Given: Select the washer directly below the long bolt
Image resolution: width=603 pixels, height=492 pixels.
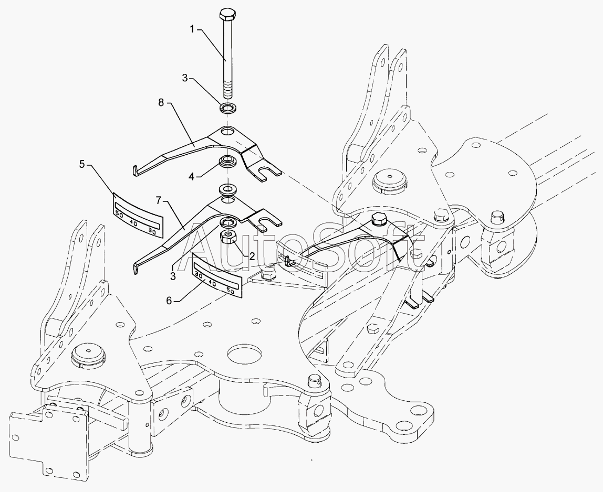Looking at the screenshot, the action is (x=227, y=109).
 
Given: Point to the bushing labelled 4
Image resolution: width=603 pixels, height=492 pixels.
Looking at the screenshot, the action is (x=227, y=161).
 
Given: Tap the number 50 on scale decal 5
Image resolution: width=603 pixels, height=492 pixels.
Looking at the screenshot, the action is (x=119, y=215).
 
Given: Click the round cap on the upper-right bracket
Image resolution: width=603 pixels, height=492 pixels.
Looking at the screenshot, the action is (x=389, y=181).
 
